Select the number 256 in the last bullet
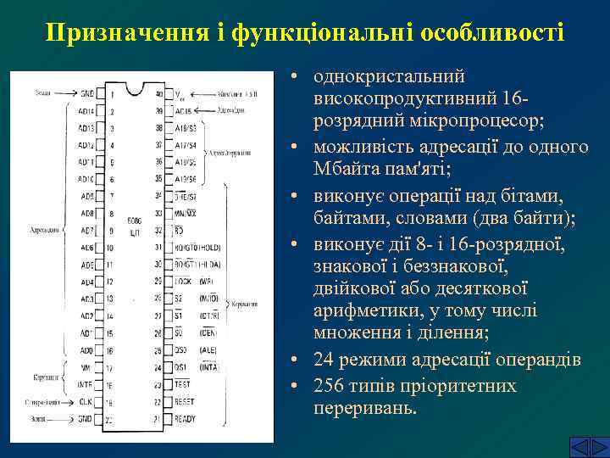coord(330,386)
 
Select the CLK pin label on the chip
coord(86,402)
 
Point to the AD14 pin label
coord(86,110)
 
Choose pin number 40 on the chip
coord(158,93)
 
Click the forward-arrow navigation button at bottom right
coord(591,447)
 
